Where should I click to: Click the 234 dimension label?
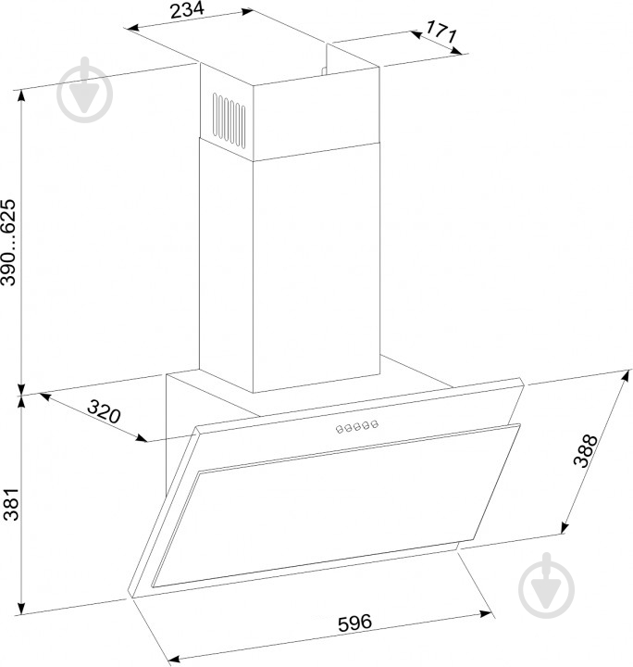187,10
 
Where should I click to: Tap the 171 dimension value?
441,31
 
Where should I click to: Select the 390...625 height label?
8,242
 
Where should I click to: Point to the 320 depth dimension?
104,411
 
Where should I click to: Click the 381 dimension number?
10,504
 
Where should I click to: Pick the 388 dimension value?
586,451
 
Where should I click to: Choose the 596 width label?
354,623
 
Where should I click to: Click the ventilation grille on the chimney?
229,120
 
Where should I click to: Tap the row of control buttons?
357,427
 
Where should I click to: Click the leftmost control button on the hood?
340,429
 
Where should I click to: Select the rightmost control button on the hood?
374,424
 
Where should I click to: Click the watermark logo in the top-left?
84,91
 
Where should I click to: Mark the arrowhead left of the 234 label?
133,28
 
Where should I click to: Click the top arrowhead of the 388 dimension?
625,377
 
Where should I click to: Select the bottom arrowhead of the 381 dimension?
20,608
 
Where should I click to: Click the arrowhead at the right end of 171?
456,50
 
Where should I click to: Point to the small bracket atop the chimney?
324,70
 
